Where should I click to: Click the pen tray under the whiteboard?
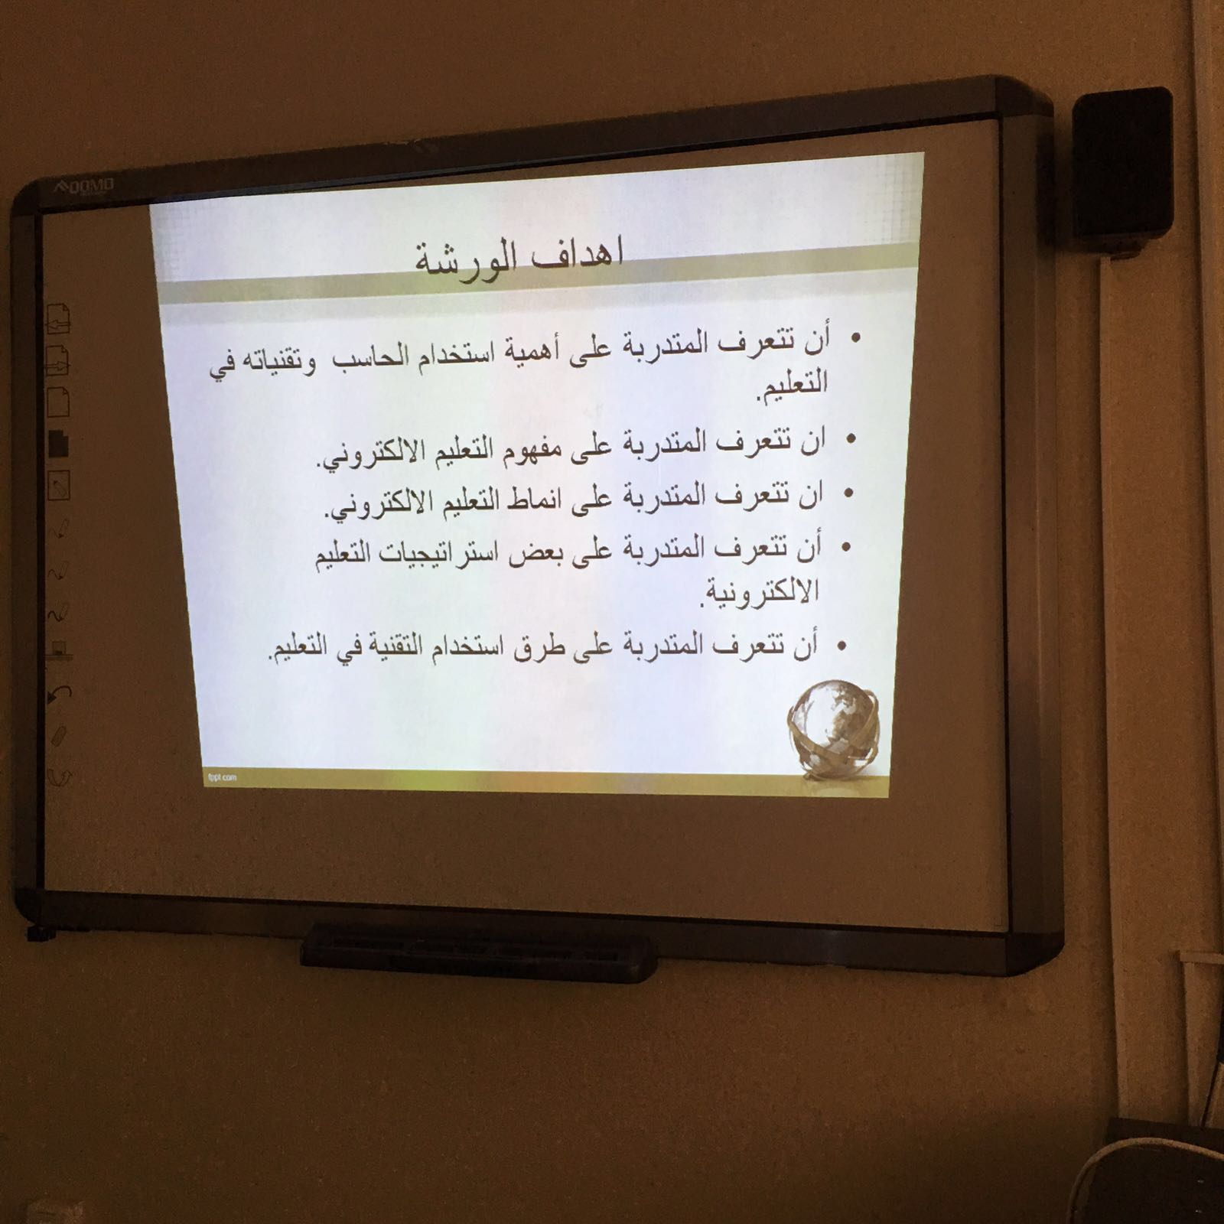[479, 952]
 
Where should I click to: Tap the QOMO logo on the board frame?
[84, 186]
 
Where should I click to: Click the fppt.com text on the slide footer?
[222, 776]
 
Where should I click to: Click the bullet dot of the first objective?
[856, 337]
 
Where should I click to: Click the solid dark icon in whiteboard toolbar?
[60, 443]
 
